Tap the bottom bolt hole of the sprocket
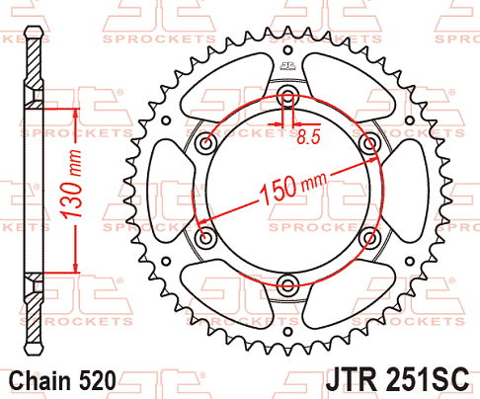coord(288,286)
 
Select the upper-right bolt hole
coord(370,144)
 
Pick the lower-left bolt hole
coord(206,239)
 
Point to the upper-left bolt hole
coord(206,144)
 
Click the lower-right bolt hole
coord(370,239)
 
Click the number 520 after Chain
coord(98,380)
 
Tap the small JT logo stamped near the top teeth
coord(288,66)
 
